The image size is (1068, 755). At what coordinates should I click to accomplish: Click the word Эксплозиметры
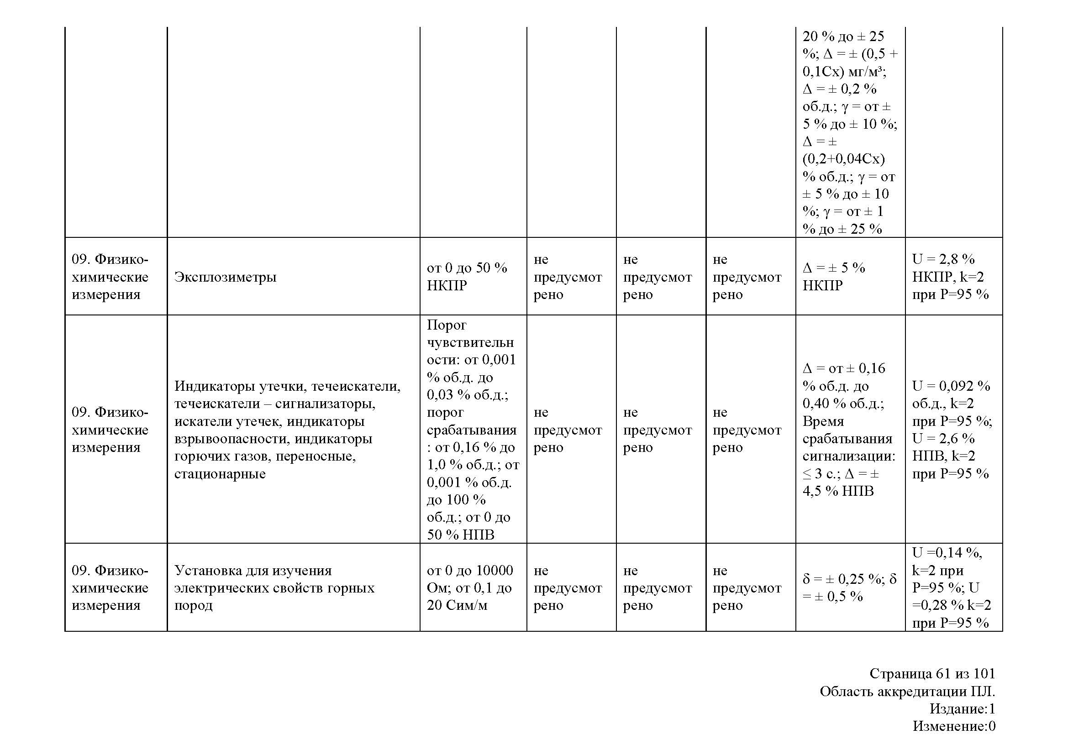225,277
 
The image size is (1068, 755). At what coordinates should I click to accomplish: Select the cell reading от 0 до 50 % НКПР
467,277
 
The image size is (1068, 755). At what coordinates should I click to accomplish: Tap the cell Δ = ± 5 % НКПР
834,277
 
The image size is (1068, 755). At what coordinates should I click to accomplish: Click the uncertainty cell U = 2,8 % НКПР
950,277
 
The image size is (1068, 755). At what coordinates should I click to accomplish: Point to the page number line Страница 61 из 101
932,674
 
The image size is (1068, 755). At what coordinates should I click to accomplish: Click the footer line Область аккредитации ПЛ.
907,692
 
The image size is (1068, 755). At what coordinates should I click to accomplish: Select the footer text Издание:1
962,709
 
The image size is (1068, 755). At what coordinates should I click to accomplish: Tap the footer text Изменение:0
953,726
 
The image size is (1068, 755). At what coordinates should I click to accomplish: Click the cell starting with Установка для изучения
274,587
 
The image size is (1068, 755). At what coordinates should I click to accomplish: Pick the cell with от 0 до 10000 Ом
470,587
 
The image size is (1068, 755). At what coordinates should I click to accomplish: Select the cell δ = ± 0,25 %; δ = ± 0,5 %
849,587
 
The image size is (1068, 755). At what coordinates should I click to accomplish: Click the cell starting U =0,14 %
951,587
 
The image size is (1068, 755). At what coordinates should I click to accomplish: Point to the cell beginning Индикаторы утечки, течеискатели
287,430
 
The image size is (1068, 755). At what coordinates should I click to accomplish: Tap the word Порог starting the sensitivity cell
446,325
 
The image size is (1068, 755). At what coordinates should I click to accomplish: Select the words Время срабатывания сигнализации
848,439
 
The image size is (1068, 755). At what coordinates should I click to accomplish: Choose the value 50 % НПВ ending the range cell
461,535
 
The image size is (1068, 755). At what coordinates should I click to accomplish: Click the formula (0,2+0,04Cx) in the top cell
843,159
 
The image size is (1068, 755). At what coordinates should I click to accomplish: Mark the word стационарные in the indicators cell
220,474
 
